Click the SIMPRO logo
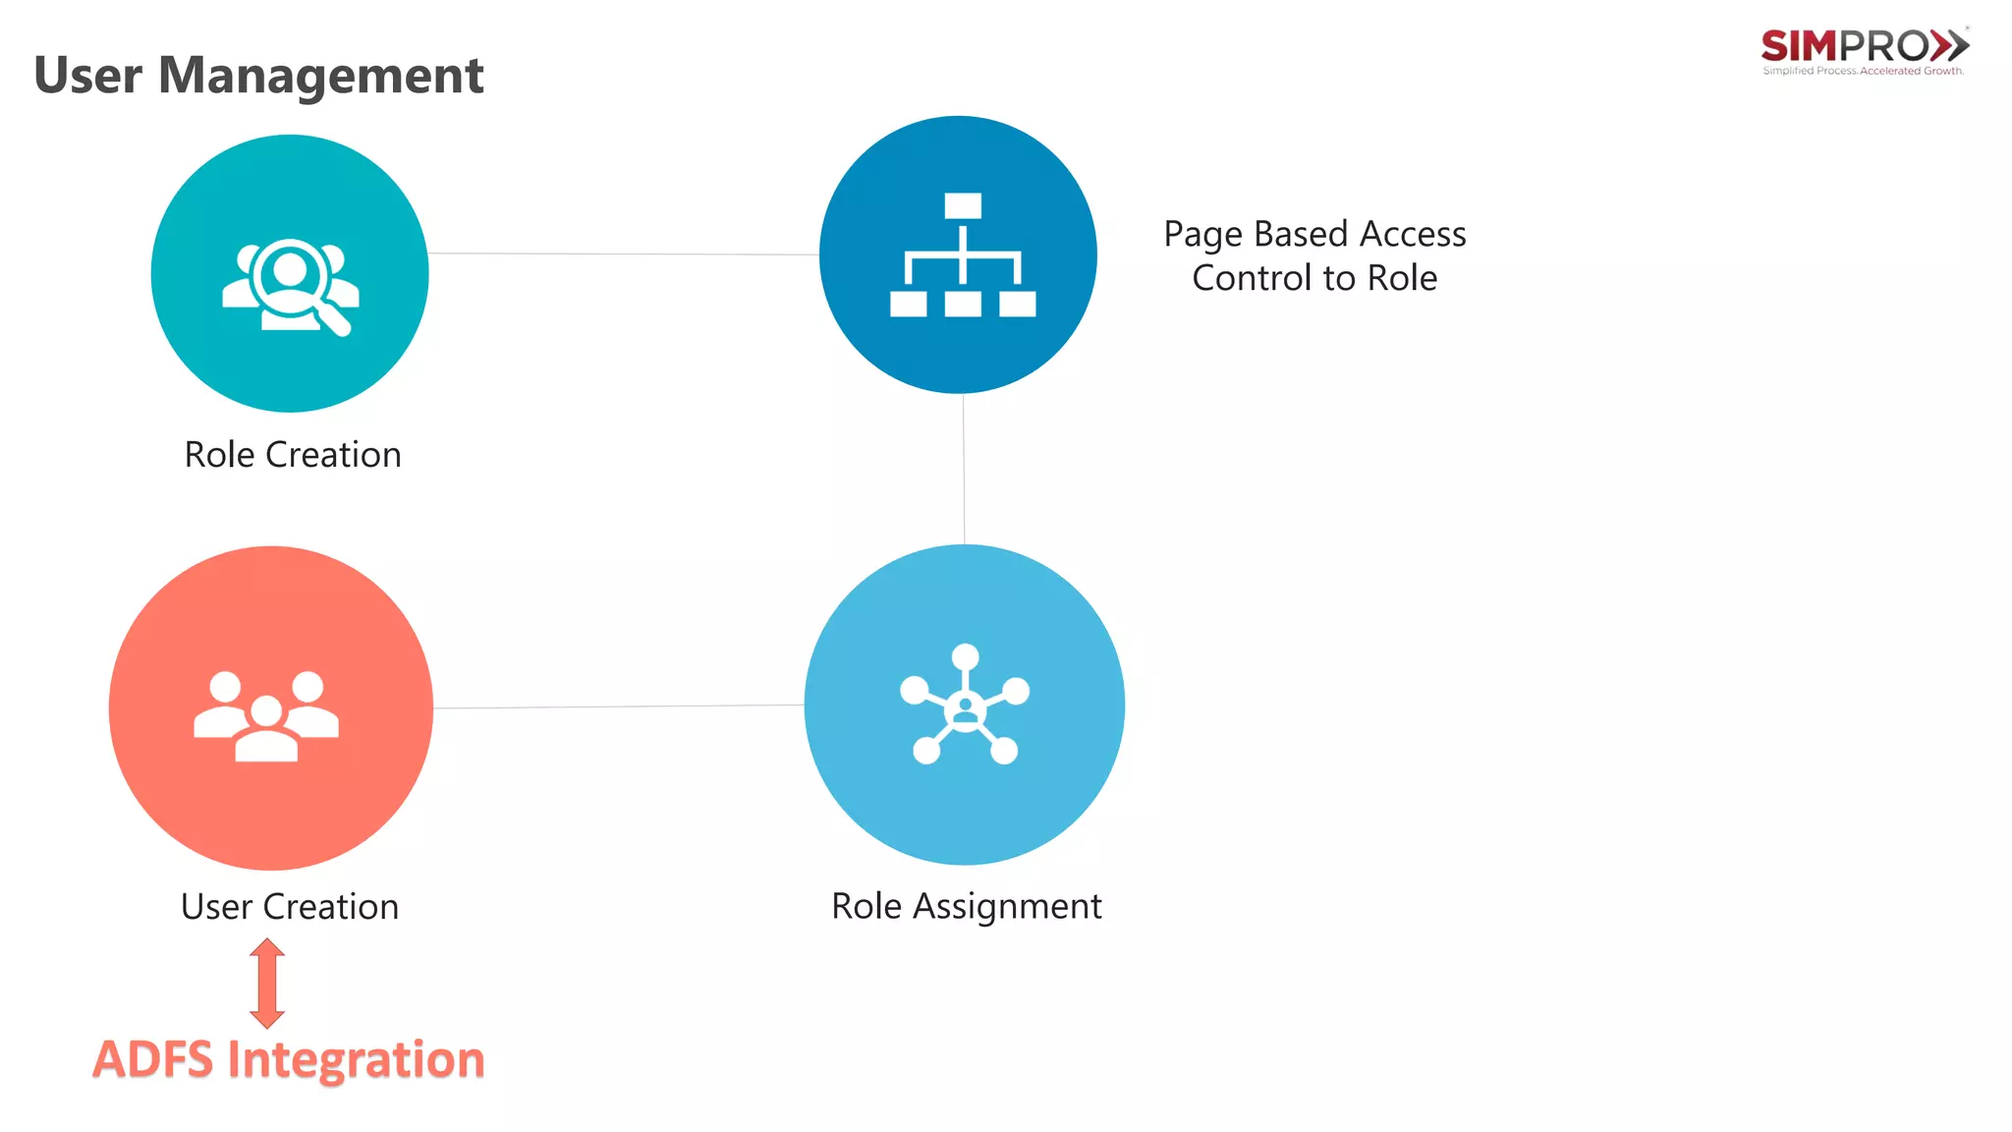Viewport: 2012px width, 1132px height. [x=1864, y=49]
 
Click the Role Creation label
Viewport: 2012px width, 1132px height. [x=293, y=455]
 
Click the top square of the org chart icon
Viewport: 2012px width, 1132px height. [x=963, y=205]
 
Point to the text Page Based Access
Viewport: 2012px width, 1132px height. [x=1314, y=235]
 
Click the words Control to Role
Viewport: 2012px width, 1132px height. [x=1314, y=279]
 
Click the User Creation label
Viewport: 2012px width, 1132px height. [x=290, y=906]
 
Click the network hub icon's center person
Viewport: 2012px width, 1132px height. [x=965, y=708]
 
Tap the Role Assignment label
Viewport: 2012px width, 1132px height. [x=966, y=906]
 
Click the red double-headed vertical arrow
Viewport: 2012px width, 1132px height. [x=267, y=983]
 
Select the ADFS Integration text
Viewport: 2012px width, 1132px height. [x=289, y=1059]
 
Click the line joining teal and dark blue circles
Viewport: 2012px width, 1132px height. [x=623, y=255]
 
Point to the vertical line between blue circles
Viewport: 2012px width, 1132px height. [x=964, y=469]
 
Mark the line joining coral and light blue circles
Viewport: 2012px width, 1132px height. [x=619, y=707]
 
